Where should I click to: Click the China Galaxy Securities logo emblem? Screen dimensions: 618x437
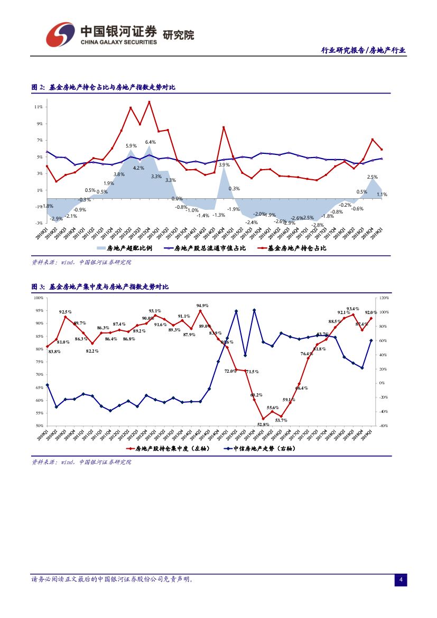pos(60,34)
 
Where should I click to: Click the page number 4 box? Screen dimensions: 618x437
pos(401,580)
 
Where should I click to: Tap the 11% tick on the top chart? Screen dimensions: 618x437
pos(38,107)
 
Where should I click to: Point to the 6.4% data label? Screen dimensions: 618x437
pos(150,142)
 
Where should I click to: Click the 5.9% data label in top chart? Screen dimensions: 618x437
pos(131,145)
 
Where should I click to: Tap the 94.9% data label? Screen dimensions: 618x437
pos(202,306)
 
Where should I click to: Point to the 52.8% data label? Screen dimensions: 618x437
pos(263,424)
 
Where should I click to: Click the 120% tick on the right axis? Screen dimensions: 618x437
pos(384,298)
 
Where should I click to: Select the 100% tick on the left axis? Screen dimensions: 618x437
pos(38,298)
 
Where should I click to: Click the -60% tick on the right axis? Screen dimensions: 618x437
pos(384,426)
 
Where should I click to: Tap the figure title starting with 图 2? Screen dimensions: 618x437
pos(104,87)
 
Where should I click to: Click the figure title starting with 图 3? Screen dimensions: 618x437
pos(100,287)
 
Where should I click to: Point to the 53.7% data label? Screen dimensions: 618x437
pos(281,420)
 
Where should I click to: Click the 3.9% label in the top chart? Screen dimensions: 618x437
pos(224,165)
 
